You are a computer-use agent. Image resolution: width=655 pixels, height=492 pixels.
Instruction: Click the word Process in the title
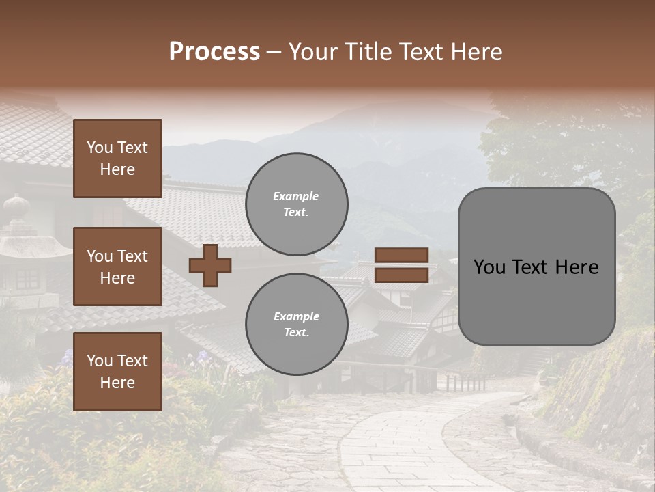pos(214,52)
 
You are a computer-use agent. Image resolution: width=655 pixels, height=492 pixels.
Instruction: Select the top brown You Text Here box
pos(117,159)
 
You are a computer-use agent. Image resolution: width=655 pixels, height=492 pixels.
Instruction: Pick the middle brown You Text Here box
pos(117,266)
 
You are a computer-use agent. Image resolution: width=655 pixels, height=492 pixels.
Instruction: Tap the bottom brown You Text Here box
pos(117,371)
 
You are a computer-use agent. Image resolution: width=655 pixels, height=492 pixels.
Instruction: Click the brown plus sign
pos(210,265)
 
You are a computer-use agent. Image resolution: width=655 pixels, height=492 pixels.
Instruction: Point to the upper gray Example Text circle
pos(296,204)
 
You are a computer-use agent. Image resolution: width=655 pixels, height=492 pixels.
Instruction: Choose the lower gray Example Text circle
pos(296,324)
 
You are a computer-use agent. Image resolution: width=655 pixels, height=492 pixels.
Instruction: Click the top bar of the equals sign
pos(401,256)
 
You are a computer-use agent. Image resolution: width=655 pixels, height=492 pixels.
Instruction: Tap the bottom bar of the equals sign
pos(401,275)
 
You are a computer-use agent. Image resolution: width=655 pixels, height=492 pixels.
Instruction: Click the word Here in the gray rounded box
pos(576,267)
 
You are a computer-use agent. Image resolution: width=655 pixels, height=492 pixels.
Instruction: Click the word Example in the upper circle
pos(296,196)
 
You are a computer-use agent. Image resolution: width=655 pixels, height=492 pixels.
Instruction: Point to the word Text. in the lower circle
pos(296,333)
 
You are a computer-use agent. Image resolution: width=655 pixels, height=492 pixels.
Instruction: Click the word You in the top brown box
pos(100,148)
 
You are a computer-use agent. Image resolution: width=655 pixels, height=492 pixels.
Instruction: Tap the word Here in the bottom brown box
pos(117,383)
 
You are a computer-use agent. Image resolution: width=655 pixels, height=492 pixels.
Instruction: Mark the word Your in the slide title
pos(313,52)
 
